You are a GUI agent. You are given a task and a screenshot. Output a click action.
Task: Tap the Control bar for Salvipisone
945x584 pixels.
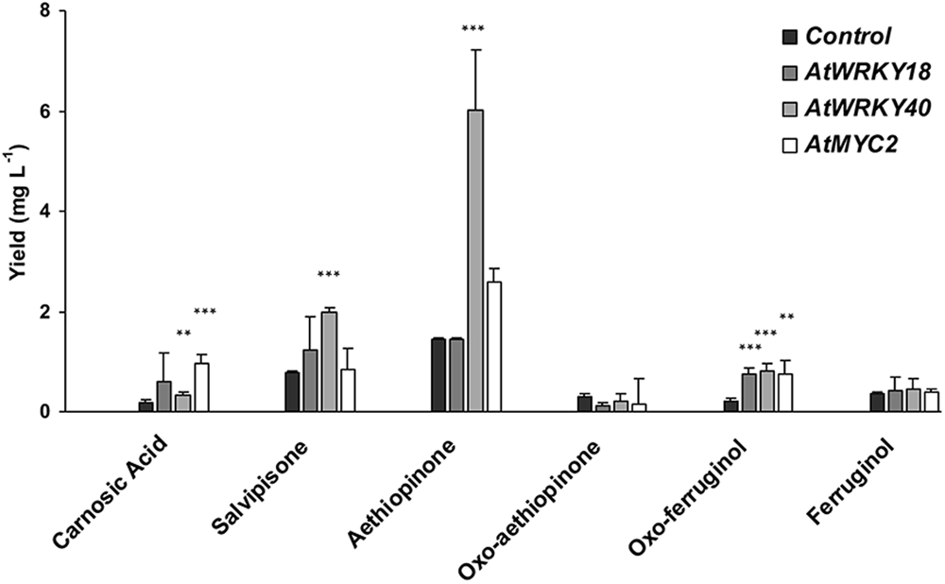(x=292, y=391)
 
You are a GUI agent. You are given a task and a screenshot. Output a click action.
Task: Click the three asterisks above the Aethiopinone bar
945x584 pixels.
(x=472, y=29)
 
